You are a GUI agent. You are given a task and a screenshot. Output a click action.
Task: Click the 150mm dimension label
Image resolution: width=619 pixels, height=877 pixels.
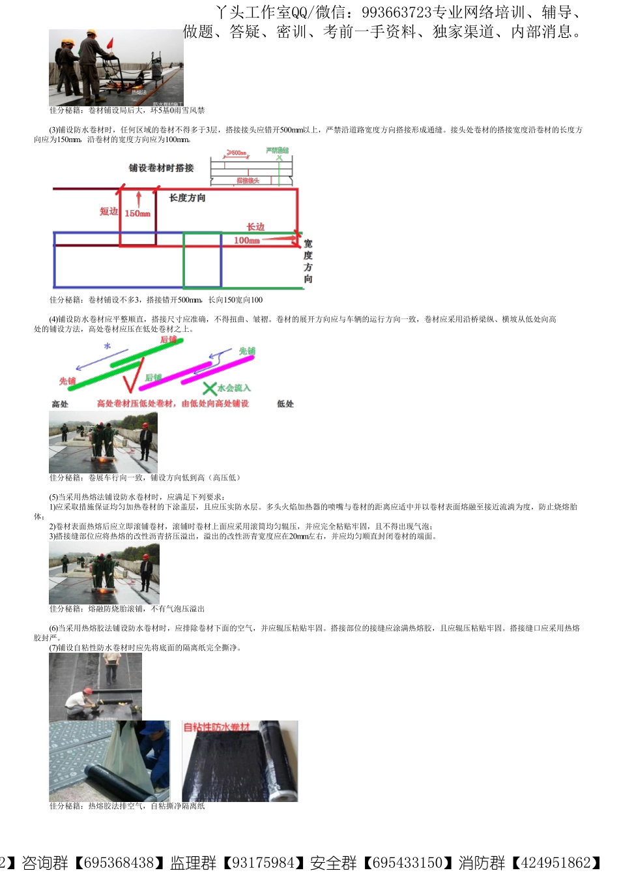[137, 213]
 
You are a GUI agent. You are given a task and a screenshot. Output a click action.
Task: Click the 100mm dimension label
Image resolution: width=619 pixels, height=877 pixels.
[247, 241]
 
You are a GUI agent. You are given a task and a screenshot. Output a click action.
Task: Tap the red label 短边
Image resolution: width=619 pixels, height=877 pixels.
[108, 211]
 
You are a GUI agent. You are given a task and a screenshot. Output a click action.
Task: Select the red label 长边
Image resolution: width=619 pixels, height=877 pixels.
[255, 227]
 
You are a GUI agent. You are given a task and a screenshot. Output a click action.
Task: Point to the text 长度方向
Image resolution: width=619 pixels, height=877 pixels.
[188, 198]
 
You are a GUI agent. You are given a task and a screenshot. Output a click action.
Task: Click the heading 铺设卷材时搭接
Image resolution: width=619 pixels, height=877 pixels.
[161, 168]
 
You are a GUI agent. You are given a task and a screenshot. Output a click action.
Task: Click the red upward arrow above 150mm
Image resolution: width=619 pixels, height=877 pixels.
[138, 198]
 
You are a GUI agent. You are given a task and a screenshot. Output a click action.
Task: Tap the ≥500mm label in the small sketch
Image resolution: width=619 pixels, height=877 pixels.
[237, 153]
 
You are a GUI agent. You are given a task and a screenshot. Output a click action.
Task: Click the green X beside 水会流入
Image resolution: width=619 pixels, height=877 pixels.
[209, 389]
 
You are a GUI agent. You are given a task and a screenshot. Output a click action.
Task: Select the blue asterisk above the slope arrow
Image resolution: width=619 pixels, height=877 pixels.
[108, 347]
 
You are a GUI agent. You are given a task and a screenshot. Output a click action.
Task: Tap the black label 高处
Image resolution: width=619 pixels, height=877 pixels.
[60, 404]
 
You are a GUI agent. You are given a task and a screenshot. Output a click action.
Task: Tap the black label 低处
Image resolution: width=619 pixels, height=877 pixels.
[285, 404]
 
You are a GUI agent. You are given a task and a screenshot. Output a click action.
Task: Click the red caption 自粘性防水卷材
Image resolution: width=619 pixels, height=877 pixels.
[216, 727]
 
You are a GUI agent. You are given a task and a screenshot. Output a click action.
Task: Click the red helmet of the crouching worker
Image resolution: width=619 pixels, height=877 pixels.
[87, 691]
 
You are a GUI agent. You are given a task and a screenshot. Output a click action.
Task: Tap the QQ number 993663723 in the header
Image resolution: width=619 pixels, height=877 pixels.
[397, 12]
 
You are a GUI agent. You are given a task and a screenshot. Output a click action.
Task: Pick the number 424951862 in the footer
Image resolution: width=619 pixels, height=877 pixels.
[554, 863]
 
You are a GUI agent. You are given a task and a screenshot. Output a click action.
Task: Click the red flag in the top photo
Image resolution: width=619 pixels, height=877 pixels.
[111, 42]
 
